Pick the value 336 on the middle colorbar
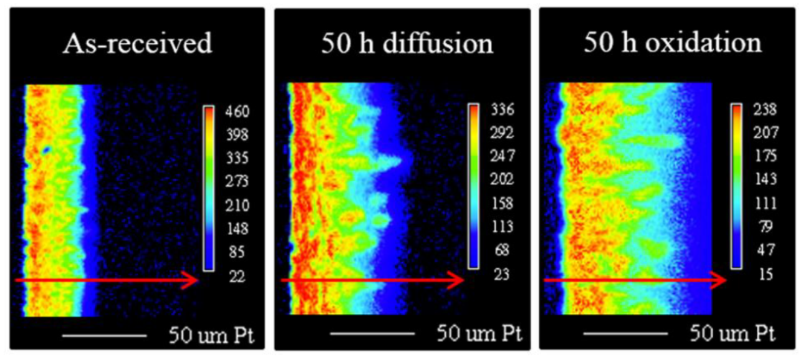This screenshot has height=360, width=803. (500, 112)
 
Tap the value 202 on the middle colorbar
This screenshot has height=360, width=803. (500, 181)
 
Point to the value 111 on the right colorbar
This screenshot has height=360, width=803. (764, 204)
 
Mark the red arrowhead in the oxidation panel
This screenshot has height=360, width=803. (721, 280)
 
